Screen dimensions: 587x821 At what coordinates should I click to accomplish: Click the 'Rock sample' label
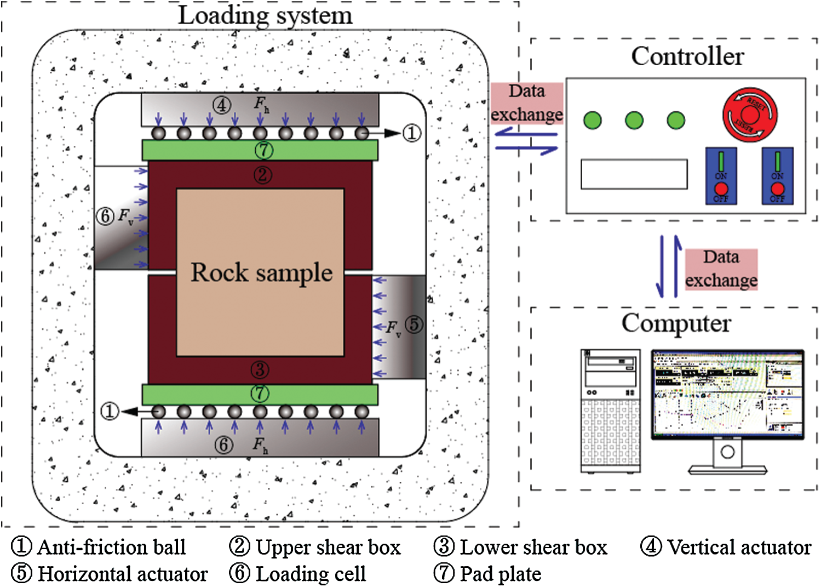[x=261, y=272]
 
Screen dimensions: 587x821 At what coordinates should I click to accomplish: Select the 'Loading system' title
[x=265, y=15]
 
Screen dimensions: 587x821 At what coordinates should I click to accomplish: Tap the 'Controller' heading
[x=687, y=56]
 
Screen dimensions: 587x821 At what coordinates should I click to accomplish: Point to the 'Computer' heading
[x=676, y=323]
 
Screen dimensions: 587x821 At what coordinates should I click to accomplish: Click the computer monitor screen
[x=727, y=394]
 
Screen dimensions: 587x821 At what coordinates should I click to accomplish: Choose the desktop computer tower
[x=610, y=411]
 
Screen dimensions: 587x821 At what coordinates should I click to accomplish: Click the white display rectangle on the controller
[x=634, y=174]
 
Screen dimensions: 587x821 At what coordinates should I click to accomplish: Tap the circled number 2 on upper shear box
[x=262, y=175]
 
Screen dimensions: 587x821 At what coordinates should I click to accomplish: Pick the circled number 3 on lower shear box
[x=260, y=370]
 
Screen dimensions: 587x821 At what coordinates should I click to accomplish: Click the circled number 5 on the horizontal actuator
[x=414, y=324]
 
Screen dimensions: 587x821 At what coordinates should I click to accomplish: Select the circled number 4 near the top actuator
[x=222, y=105]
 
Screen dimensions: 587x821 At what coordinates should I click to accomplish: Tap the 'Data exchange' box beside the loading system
[x=526, y=103]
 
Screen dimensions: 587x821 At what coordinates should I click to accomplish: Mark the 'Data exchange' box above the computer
[x=721, y=269]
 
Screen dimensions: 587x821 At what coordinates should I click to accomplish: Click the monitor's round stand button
[x=727, y=452]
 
